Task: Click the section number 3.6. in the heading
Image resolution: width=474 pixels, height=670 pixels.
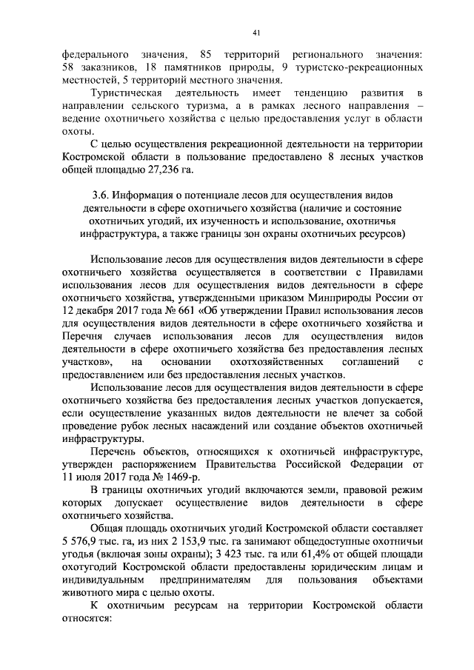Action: tap(96, 196)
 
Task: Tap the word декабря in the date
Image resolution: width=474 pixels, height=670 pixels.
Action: tap(98, 311)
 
